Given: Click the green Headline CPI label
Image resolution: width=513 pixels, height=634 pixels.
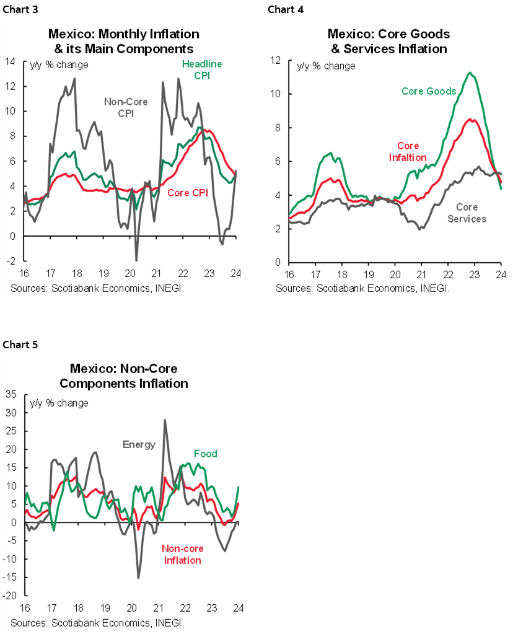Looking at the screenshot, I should (x=201, y=69).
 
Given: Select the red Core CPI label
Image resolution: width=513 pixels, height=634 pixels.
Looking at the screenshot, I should (x=187, y=193).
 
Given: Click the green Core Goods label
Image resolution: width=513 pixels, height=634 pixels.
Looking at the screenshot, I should (x=429, y=91).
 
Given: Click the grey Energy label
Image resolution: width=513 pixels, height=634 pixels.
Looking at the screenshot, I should (x=139, y=444).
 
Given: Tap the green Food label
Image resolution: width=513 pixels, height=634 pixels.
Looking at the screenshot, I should (x=205, y=454).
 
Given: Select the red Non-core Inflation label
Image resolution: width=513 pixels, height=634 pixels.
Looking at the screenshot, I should (x=182, y=554).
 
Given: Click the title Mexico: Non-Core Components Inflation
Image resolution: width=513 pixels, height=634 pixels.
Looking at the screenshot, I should (x=129, y=376).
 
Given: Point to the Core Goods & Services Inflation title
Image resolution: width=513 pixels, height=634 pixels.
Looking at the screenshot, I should (x=388, y=40).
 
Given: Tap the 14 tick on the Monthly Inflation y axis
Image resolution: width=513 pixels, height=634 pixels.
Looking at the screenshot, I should (x=11, y=61).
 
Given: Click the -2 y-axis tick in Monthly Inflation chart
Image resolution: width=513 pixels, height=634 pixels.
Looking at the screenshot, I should (x=11, y=262).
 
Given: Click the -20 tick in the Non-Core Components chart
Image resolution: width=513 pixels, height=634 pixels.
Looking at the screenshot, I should (x=9, y=596).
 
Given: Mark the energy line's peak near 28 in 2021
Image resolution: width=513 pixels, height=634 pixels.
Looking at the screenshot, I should (x=165, y=420).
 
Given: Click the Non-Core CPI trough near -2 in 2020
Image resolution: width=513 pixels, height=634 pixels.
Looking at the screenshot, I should (x=136, y=260).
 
